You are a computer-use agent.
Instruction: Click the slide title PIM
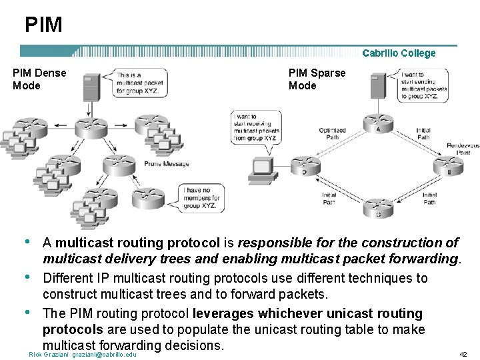pos(43,25)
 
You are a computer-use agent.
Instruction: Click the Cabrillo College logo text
pos(399,53)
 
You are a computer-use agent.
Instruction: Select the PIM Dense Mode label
pos(39,79)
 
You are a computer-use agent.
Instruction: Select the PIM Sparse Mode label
pos(317,79)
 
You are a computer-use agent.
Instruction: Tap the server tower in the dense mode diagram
pos(92,89)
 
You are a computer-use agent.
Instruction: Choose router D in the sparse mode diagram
pos(306,165)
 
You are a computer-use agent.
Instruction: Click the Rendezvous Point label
pos(463,149)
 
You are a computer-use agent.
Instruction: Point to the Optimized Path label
pos(332,134)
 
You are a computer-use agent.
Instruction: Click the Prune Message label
pos(167,164)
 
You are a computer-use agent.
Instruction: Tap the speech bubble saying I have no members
pos(201,197)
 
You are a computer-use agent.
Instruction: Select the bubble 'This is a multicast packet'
pos(138,83)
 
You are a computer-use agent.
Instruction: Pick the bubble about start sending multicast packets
pos(424,86)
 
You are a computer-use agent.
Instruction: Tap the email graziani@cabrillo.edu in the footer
pos(104,354)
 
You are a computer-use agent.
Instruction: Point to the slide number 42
pos(463,354)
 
